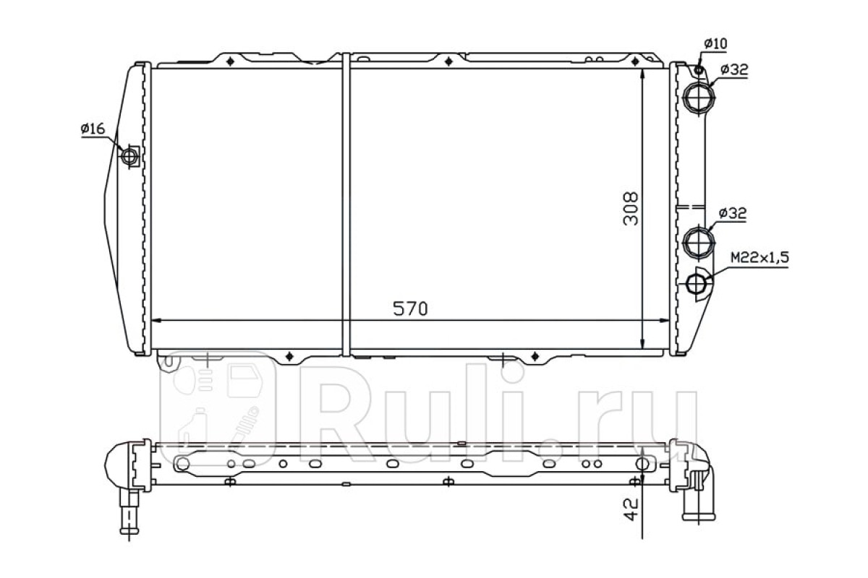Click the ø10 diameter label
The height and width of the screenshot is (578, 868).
click(x=715, y=44)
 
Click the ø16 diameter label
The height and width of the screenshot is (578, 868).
click(x=93, y=129)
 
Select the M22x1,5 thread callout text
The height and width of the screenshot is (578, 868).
click(x=759, y=258)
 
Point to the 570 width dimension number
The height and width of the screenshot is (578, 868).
click(x=410, y=309)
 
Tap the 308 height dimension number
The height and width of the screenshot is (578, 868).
click(x=630, y=209)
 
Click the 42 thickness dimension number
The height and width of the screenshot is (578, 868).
click(x=631, y=509)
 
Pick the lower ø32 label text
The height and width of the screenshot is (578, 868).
click(x=733, y=213)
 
